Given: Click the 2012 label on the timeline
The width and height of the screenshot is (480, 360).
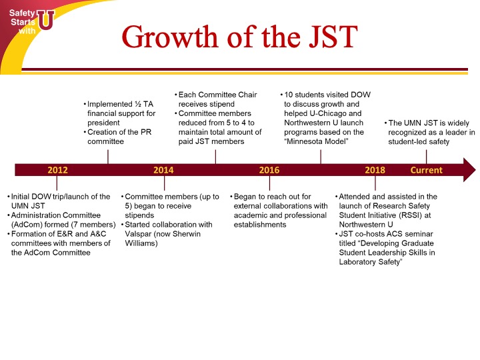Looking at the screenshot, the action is pyautogui.click(x=57, y=170).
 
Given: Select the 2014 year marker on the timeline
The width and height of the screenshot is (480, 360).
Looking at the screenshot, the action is pyautogui.click(x=163, y=170).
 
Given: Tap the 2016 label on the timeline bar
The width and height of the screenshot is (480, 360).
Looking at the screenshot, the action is pyautogui.click(x=269, y=170).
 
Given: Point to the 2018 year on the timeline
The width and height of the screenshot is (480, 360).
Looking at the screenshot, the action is pyautogui.click(x=375, y=170).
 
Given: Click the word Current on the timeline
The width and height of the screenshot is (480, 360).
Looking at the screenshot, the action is pyautogui.click(x=427, y=170).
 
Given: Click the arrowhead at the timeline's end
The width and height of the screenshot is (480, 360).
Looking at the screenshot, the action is pyautogui.click(x=469, y=170).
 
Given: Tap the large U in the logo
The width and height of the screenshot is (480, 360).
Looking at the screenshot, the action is pyautogui.click(x=46, y=19).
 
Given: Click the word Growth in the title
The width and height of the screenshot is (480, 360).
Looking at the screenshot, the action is pyautogui.click(x=169, y=37).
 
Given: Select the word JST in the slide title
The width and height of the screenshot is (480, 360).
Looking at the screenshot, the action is pyautogui.click(x=333, y=37).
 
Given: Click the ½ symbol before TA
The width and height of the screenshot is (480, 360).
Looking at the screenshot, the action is pyautogui.click(x=138, y=104).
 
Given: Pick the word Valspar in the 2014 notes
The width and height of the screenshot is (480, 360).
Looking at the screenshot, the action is pyautogui.click(x=138, y=234).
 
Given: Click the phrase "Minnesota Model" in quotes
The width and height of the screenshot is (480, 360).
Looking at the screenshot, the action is pyautogui.click(x=316, y=141).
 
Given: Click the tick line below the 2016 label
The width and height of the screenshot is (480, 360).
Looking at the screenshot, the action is pyautogui.click(x=270, y=183).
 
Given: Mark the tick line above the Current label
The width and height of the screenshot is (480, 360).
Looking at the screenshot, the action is pyautogui.click(x=427, y=157).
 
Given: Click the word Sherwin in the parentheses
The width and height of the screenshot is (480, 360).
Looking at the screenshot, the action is pyautogui.click(x=187, y=234).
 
